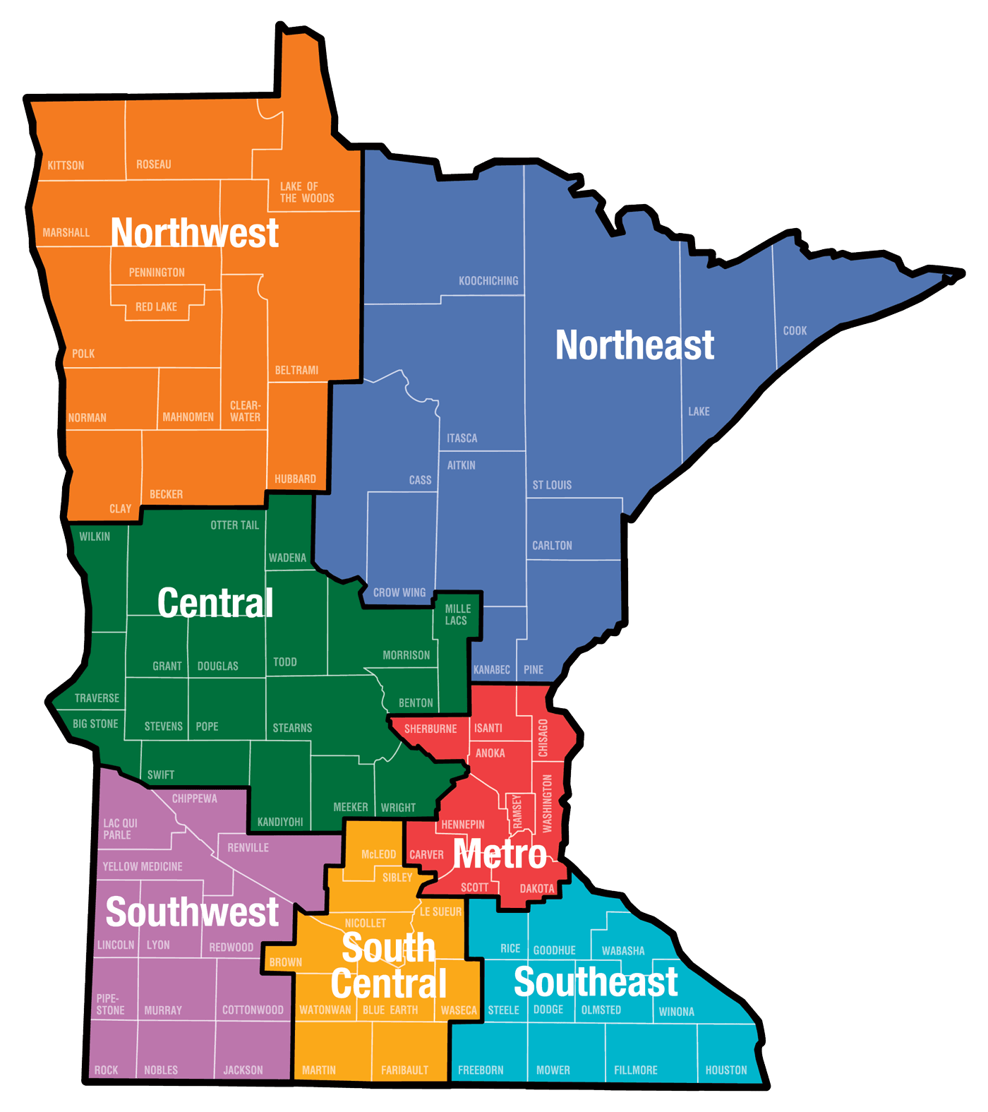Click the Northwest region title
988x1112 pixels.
click(x=195, y=233)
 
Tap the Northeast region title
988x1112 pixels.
click(x=634, y=345)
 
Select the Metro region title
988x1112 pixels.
click(x=500, y=854)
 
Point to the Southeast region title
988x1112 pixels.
click(x=596, y=982)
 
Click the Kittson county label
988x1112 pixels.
click(x=66, y=166)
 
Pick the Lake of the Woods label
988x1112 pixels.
click(x=306, y=193)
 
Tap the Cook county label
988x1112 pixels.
click(x=795, y=331)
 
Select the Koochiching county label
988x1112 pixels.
click(x=488, y=281)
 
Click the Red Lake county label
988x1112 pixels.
click(x=156, y=307)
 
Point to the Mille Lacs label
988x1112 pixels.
click(x=457, y=615)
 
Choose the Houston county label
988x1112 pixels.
click(x=726, y=1070)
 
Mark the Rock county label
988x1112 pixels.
click(x=107, y=1070)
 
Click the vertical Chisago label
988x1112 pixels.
click(x=543, y=738)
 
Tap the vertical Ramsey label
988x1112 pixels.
click(x=517, y=811)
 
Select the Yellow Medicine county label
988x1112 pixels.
click(x=143, y=867)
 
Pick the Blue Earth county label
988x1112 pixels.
click(x=390, y=1010)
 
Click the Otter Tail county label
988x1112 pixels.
click(x=234, y=525)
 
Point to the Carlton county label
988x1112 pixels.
click(x=552, y=546)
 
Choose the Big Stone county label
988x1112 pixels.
click(x=95, y=724)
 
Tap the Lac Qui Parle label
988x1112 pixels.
click(x=120, y=830)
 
